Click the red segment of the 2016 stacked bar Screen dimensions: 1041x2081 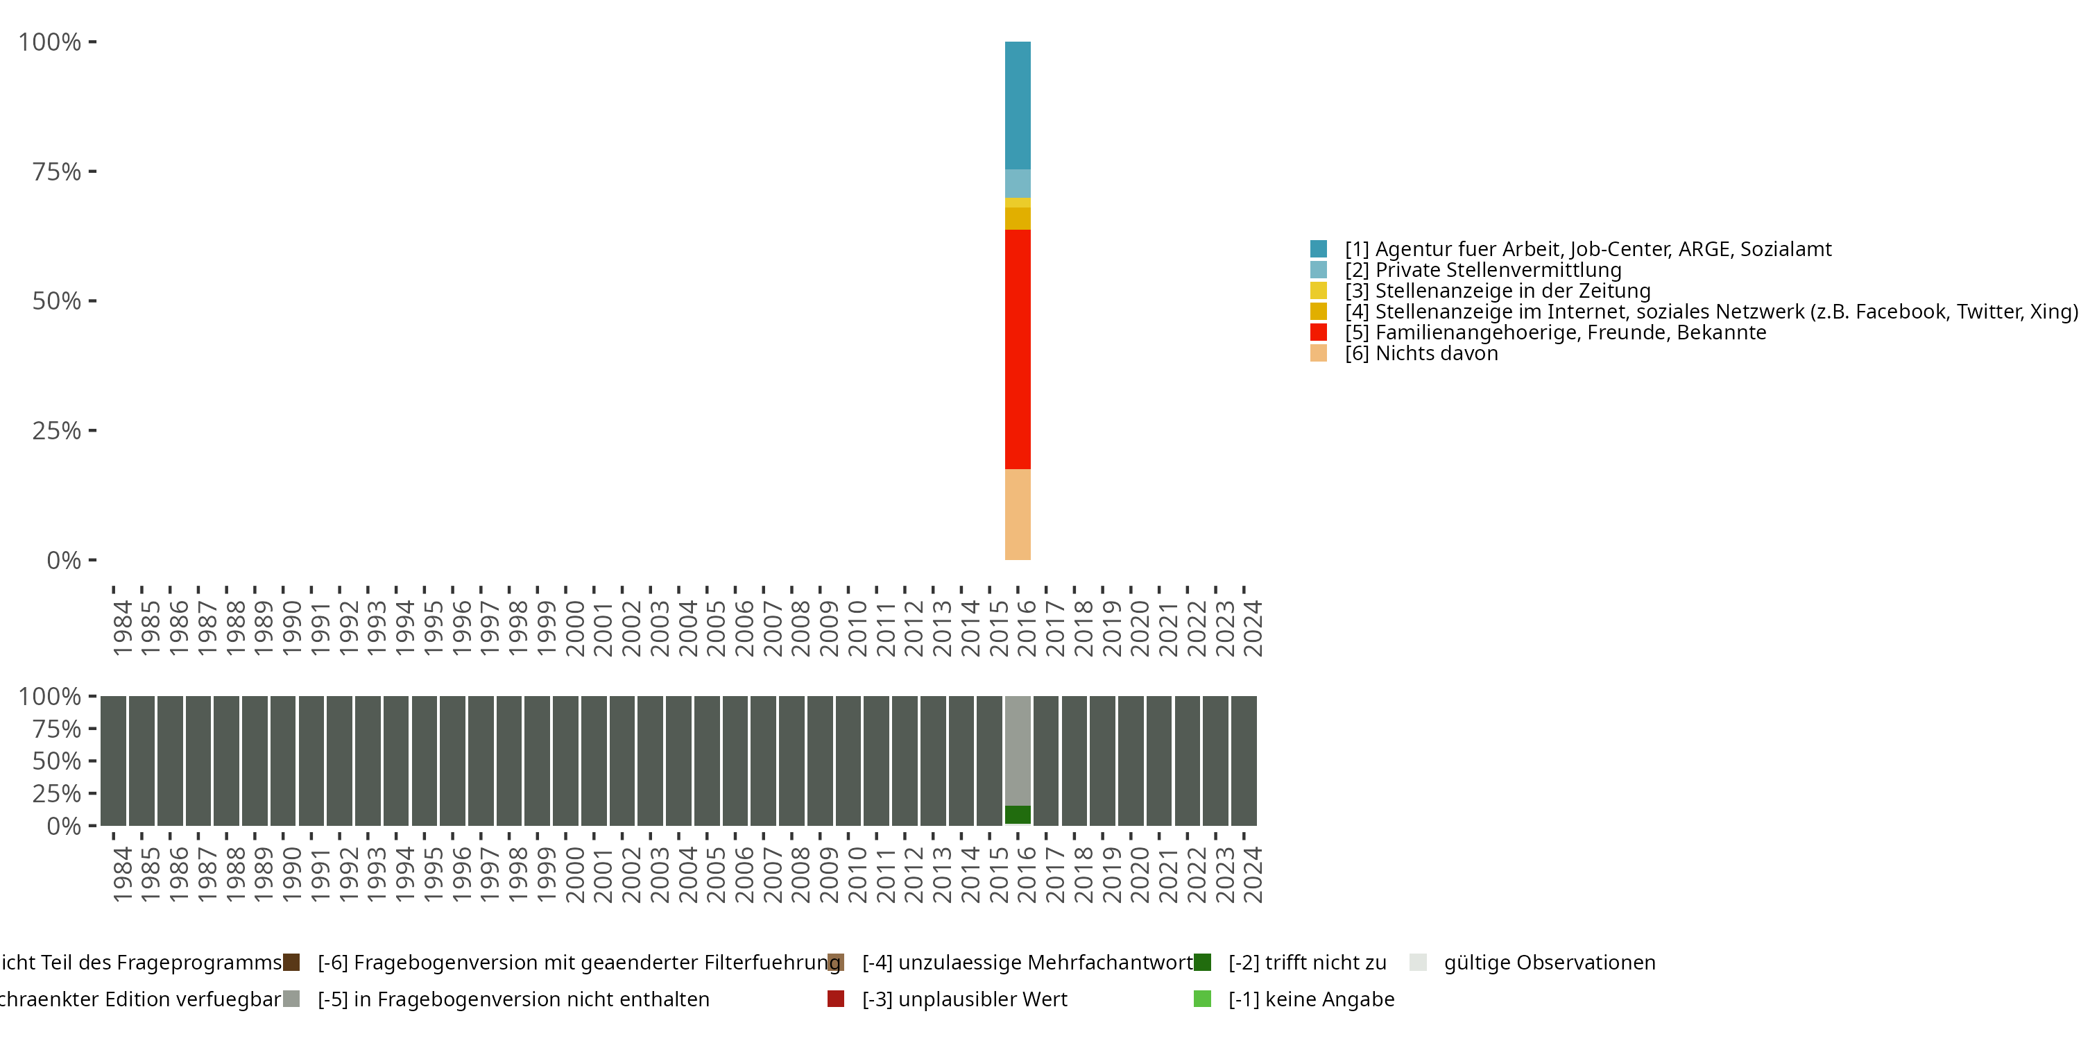pos(1017,349)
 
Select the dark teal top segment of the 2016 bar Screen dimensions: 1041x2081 pos(1017,105)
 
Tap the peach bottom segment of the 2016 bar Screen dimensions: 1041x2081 pos(1017,514)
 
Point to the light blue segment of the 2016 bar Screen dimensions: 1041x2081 pos(1017,183)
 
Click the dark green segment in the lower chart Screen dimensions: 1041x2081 pos(1017,815)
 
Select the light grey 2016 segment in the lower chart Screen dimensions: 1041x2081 pos(1017,750)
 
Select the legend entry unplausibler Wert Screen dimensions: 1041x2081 pos(965,999)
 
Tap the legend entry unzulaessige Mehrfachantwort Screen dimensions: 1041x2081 pos(1027,963)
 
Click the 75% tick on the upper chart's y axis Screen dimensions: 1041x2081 pos(57,171)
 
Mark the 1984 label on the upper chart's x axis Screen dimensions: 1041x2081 pos(122,628)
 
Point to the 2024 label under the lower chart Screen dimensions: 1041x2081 pos(1251,874)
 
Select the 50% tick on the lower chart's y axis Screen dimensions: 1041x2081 pos(57,761)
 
